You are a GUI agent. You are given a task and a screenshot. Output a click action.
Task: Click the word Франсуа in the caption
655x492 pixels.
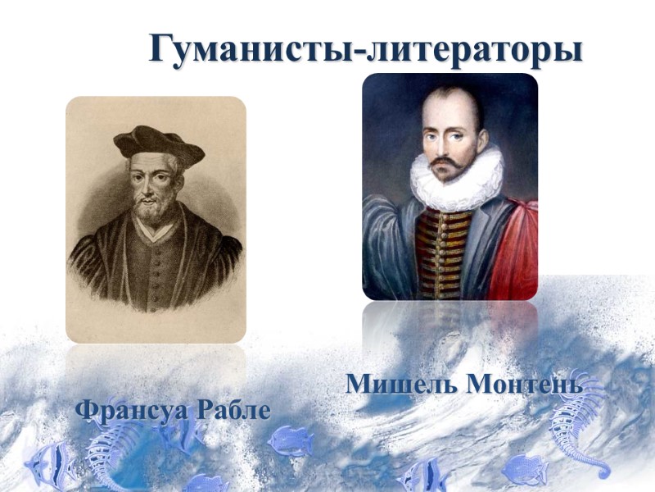(x=132, y=409)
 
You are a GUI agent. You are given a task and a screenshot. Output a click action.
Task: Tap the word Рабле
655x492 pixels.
(x=233, y=409)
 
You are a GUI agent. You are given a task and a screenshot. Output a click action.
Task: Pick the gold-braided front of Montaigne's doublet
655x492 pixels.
(x=446, y=246)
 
